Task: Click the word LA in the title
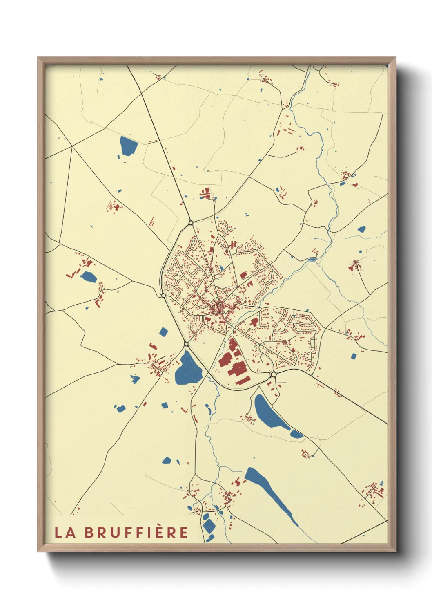click(x=65, y=532)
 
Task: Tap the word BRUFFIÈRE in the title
click(x=137, y=532)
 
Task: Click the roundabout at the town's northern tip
click(x=191, y=223)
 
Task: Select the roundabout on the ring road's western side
click(x=163, y=295)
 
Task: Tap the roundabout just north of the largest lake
click(x=186, y=344)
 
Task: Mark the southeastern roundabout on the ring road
click(x=273, y=374)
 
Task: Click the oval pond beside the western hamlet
click(x=88, y=277)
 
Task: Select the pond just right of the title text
click(x=208, y=526)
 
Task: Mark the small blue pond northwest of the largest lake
click(x=163, y=332)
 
